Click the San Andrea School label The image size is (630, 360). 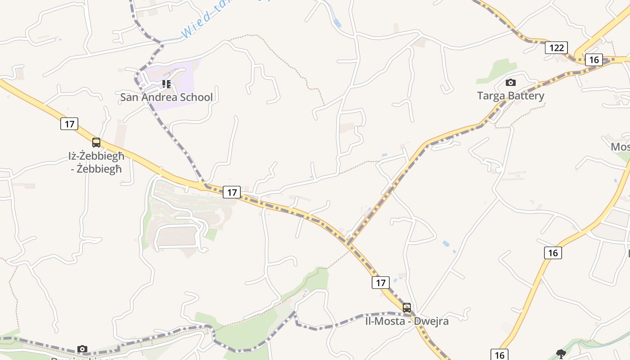(x=166, y=97)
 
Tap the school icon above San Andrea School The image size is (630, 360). (x=166, y=84)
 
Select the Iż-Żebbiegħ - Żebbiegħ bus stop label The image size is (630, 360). (x=96, y=162)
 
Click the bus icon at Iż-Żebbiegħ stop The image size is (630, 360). (x=96, y=143)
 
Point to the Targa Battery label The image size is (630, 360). (x=510, y=95)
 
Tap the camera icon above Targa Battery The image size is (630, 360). (x=510, y=82)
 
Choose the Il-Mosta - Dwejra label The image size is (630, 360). (x=406, y=321)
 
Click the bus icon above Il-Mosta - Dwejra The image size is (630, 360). (x=407, y=308)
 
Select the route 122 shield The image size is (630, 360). (x=556, y=48)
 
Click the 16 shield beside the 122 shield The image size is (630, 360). (x=594, y=59)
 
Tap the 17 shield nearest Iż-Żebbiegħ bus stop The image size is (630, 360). (x=69, y=124)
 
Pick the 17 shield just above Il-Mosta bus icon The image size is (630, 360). (x=381, y=283)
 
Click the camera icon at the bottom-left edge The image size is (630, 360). (x=82, y=349)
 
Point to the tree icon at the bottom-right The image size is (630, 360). (x=561, y=354)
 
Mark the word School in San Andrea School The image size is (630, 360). (x=196, y=97)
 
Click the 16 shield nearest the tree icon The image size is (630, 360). (x=499, y=355)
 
